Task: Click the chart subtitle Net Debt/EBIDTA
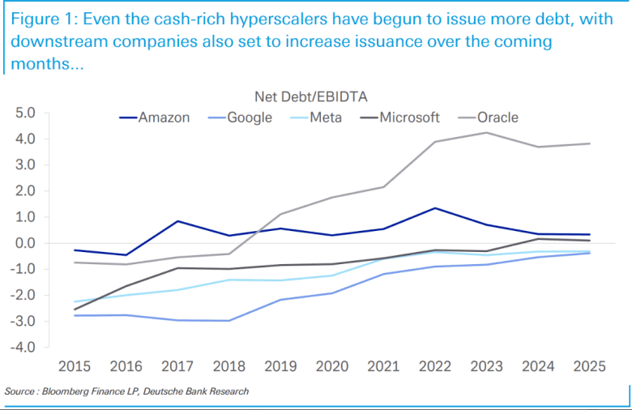click(x=311, y=97)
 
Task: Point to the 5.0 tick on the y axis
click(x=25, y=113)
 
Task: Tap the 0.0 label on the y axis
click(x=25, y=243)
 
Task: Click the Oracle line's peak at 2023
click(x=486, y=133)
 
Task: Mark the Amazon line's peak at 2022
click(x=435, y=208)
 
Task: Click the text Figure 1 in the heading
click(x=40, y=19)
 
